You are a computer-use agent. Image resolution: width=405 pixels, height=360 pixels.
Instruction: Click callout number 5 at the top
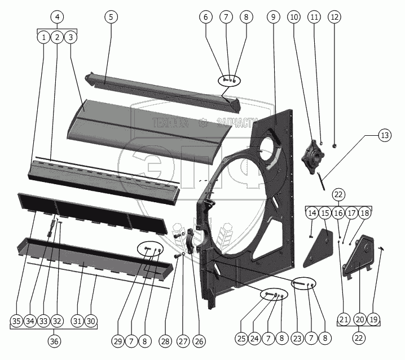tap(111, 17)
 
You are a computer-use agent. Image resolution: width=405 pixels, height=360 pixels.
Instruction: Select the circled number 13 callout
tap(384, 135)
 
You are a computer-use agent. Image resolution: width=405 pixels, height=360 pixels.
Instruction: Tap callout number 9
tap(273, 17)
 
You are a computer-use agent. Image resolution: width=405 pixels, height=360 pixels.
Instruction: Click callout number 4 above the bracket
tap(56, 17)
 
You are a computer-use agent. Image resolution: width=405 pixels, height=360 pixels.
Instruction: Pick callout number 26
tap(199, 341)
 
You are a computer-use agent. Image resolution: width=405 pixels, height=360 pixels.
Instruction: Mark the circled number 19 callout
tap(373, 320)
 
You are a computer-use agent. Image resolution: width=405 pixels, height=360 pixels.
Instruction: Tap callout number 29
tap(117, 341)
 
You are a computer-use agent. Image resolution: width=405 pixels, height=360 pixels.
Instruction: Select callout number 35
tap(17, 321)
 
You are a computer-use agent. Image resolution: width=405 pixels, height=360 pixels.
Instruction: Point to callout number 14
tap(312, 214)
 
